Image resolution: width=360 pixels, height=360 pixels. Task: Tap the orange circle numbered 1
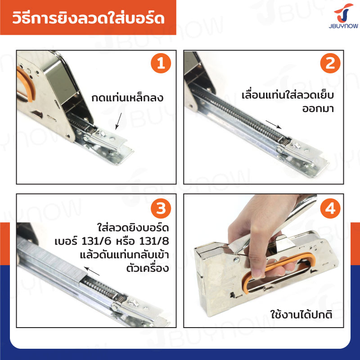(x=161, y=63)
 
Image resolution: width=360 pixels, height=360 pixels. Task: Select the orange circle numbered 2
(x=330, y=63)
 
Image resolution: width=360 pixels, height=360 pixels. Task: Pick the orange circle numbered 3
(x=161, y=208)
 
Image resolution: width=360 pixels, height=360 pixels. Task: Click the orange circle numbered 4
(x=330, y=208)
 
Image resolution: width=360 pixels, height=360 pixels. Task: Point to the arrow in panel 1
(x=118, y=121)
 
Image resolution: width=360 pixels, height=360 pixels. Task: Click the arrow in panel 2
(x=274, y=125)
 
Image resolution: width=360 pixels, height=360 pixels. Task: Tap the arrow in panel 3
(x=92, y=271)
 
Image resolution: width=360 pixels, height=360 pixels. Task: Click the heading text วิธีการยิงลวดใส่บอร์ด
(x=88, y=18)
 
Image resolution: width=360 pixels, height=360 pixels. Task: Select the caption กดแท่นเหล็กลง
(x=127, y=98)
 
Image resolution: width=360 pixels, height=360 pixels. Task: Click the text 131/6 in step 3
(x=96, y=241)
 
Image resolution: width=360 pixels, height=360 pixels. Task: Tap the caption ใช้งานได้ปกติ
(x=301, y=314)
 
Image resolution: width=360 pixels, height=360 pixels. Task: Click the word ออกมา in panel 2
(x=318, y=108)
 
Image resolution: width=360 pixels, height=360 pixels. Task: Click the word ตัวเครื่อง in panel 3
(x=148, y=268)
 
